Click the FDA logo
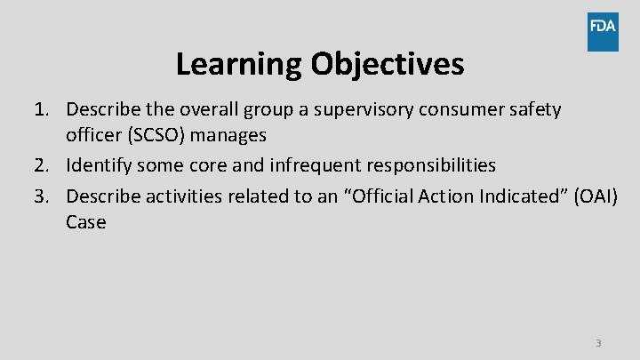click(x=602, y=31)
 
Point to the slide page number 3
click(x=598, y=343)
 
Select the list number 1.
click(x=41, y=109)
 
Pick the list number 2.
click(x=41, y=165)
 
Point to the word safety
click(x=532, y=109)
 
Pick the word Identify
click(x=99, y=165)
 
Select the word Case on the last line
click(x=85, y=221)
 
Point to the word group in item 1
click(x=242, y=109)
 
